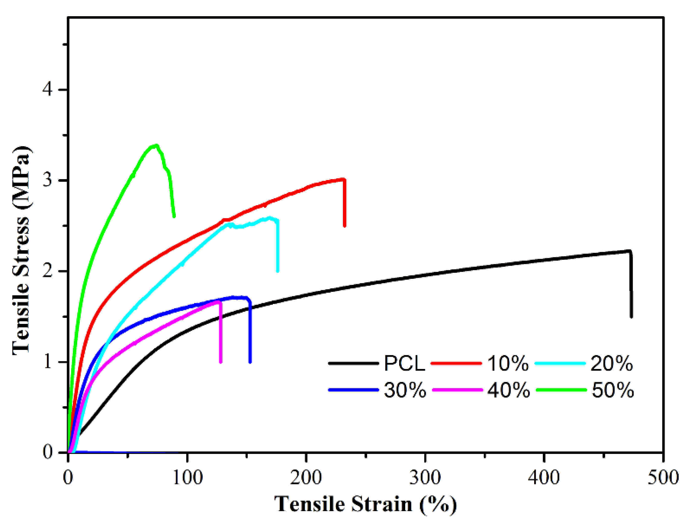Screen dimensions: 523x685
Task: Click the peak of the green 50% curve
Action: (x=155, y=146)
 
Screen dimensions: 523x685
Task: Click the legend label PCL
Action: (x=404, y=363)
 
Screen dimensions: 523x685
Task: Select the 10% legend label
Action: (x=507, y=363)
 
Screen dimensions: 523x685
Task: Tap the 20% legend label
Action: (x=611, y=363)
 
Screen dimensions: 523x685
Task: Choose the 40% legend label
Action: (x=508, y=390)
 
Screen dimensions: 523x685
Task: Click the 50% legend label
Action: (x=612, y=390)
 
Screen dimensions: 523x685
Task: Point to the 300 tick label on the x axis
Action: (x=425, y=477)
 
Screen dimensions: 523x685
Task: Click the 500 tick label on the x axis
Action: (x=663, y=477)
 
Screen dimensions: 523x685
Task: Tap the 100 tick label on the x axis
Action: (x=187, y=477)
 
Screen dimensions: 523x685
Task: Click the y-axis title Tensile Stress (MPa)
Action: (x=22, y=251)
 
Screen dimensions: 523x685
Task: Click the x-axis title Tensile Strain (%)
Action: (x=365, y=504)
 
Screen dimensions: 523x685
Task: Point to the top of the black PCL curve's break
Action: (x=630, y=252)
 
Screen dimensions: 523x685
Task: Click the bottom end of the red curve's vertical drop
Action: (x=344, y=225)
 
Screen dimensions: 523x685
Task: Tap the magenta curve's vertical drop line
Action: (x=220, y=333)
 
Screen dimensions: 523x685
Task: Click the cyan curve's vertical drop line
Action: (x=278, y=245)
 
